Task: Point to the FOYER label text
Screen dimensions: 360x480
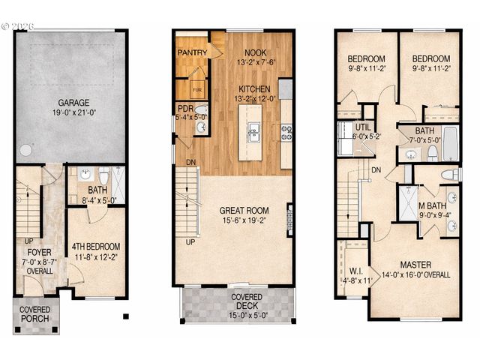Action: coord(34,252)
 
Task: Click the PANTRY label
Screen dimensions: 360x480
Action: coord(192,53)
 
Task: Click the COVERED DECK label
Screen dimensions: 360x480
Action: coord(236,301)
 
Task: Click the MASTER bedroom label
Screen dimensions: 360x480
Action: coord(414,264)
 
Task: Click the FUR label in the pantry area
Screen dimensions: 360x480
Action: coord(197,88)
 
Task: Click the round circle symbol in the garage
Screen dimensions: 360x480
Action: coord(26,149)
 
